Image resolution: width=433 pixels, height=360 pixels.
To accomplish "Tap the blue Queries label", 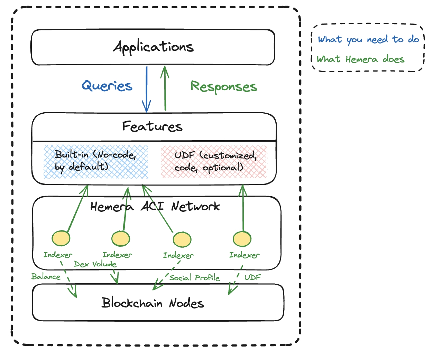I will point(107,86).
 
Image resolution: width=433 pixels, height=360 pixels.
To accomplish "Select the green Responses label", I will point(224,87).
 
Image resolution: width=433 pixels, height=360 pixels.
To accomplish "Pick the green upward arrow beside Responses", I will point(165,88).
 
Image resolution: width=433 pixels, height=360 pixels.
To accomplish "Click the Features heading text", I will point(152,126).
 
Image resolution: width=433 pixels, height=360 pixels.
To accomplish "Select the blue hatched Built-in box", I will point(96,161).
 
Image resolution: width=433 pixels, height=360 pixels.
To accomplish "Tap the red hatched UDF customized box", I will point(214,162).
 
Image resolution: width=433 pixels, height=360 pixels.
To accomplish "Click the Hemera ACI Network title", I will point(155,207).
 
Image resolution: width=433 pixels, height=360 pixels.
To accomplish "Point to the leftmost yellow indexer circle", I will point(61,238).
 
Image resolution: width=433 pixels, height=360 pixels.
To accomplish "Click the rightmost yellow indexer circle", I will point(242,239).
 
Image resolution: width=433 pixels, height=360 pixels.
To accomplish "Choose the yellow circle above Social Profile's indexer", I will point(182,239).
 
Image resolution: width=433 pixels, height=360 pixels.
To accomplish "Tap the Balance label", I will point(46,277).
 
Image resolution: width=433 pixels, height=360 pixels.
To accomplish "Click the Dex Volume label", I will point(95,264).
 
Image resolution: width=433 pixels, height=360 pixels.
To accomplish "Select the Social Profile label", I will point(194,278).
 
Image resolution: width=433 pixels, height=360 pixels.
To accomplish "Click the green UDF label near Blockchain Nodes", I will point(252,277).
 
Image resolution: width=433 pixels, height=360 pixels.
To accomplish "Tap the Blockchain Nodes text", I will point(153,303).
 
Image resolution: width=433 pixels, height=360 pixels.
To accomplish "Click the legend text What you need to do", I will point(368,40).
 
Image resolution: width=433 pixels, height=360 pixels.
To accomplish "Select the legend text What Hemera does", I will point(360,59).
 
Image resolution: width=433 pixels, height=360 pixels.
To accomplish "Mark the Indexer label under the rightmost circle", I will point(244,255).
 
